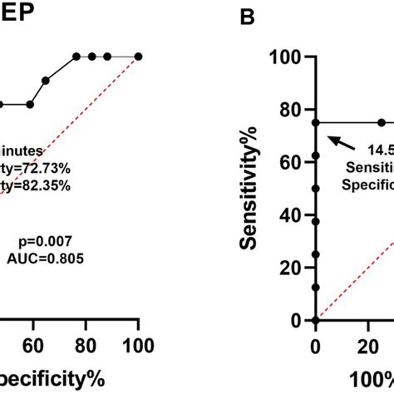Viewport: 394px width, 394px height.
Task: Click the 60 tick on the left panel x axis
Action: point(33,344)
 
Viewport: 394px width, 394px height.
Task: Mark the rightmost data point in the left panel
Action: point(139,57)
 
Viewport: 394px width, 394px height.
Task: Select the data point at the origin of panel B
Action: point(315,320)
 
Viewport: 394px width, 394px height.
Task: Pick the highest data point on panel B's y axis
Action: point(315,122)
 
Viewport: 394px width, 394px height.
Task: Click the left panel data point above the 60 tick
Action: point(30,105)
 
